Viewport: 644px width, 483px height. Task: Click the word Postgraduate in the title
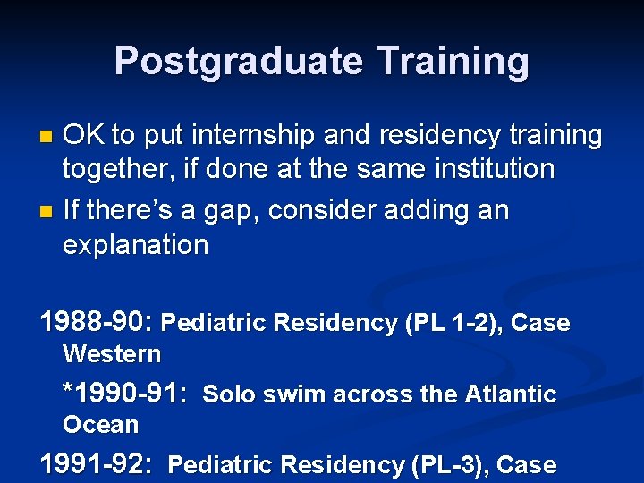[238, 61]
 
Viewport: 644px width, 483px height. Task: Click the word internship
[255, 135]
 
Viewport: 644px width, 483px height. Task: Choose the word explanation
[134, 245]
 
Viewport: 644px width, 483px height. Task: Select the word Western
[112, 354]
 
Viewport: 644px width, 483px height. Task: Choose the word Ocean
[100, 425]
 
